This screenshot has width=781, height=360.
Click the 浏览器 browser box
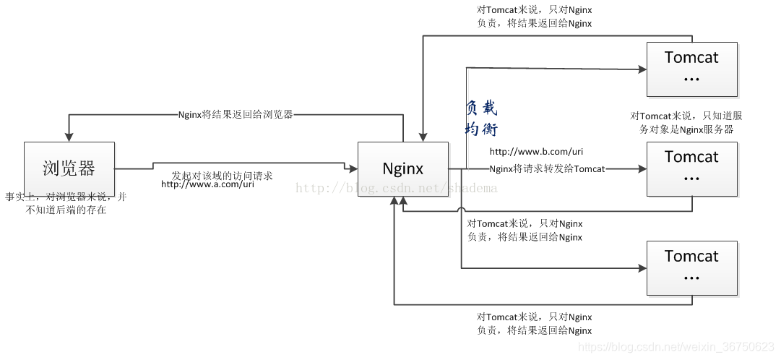[x=69, y=169]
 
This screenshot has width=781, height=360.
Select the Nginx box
[x=403, y=169]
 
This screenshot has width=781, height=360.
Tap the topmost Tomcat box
[x=691, y=69]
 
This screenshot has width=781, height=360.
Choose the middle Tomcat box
[x=691, y=168]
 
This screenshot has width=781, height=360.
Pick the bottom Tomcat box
[x=691, y=267]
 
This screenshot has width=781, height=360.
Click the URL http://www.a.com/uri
[x=207, y=184]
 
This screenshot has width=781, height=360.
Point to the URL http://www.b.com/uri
[x=536, y=152]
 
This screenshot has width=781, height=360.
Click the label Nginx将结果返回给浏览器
[x=236, y=114]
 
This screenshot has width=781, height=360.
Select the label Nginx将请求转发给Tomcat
[x=547, y=169]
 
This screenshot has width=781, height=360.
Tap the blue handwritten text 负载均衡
[x=481, y=119]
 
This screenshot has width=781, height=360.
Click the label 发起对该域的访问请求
[x=222, y=175]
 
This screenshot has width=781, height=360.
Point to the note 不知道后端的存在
[x=66, y=210]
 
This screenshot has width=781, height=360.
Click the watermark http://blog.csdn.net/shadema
[x=397, y=189]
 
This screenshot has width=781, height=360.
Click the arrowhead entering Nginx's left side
[x=354, y=169]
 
